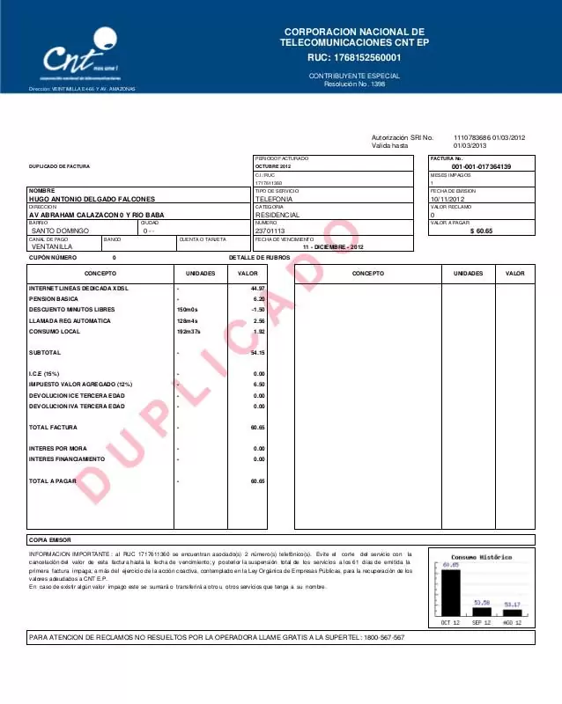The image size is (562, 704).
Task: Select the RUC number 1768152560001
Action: (x=354, y=58)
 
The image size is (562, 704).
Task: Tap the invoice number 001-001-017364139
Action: (x=480, y=166)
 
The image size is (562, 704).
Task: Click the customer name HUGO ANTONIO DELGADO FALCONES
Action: (x=92, y=199)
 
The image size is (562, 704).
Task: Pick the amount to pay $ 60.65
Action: (x=481, y=231)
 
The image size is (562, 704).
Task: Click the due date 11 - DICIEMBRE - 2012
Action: (x=333, y=247)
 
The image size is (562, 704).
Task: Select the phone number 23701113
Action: (x=270, y=231)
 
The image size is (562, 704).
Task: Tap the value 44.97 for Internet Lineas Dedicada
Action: (x=257, y=289)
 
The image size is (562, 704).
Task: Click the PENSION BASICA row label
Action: (x=54, y=299)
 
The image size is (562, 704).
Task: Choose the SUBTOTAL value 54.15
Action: (x=257, y=353)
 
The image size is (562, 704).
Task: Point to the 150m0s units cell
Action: (x=188, y=310)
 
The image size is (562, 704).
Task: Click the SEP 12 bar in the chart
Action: (x=481, y=611)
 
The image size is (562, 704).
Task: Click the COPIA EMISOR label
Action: (x=50, y=539)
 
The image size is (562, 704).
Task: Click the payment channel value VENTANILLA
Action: (x=52, y=247)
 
